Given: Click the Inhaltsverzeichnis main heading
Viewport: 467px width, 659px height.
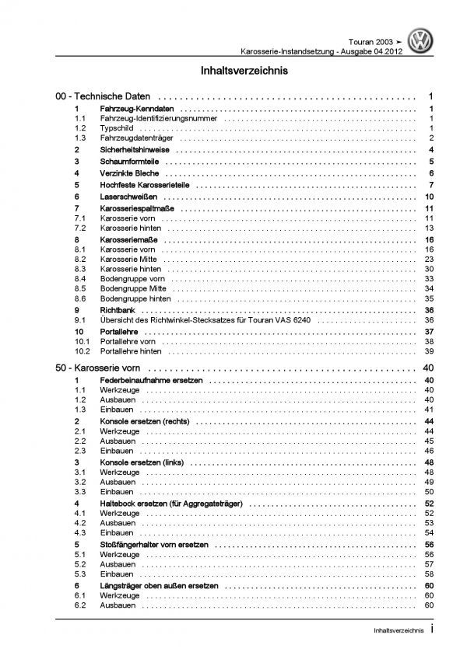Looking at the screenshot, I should (233, 71).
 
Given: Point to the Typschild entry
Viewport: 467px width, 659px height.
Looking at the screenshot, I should (115, 127).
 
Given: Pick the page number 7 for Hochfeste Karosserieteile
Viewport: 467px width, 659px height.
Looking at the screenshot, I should (430, 186).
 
